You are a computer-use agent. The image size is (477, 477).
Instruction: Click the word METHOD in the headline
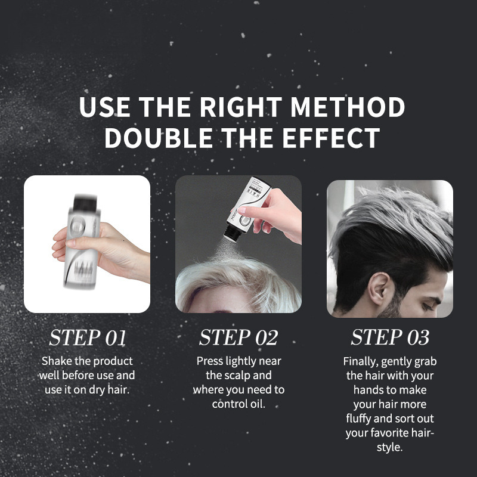coord(347,107)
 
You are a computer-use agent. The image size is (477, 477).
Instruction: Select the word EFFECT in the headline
coord(332,138)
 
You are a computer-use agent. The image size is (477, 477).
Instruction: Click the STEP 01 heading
coord(87,337)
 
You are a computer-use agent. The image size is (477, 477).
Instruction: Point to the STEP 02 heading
coord(238,337)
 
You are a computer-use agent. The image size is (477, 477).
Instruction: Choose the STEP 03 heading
coord(390,337)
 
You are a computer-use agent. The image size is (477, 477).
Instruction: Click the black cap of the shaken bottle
coord(85,202)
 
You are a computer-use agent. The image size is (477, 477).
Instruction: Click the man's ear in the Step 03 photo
coord(378,288)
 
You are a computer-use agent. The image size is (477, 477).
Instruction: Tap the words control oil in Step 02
coord(238,404)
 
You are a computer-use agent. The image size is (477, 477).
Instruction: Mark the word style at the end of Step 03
coord(390,448)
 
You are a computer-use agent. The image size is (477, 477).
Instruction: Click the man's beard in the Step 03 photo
coord(391,306)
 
